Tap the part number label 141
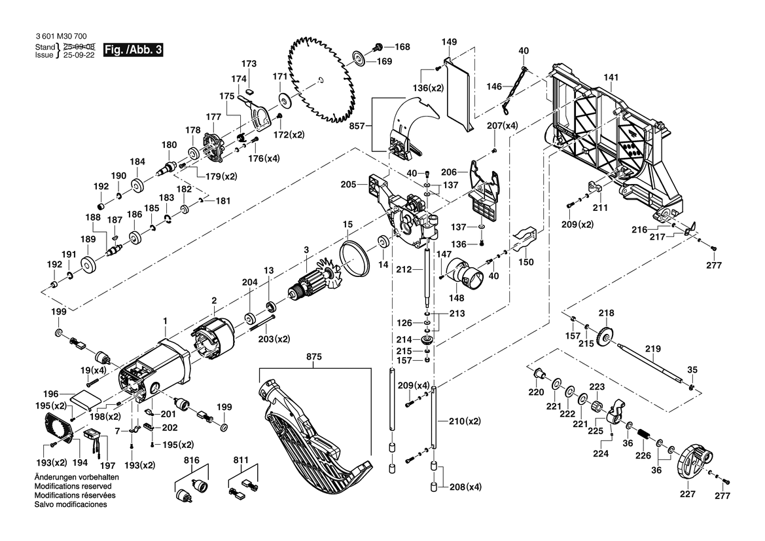(x=611, y=78)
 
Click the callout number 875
(x=314, y=358)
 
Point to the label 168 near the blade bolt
(x=402, y=47)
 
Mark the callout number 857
(x=356, y=124)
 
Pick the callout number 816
(x=190, y=460)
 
